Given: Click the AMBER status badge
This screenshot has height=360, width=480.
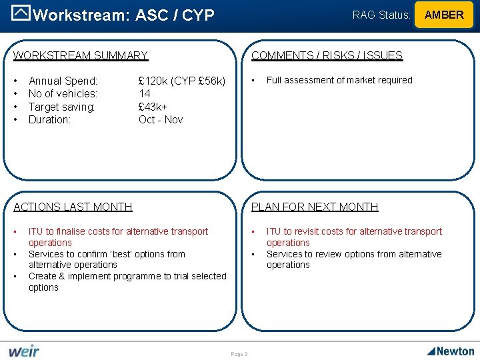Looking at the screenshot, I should (x=444, y=15).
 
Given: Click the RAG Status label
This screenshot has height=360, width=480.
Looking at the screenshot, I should (x=381, y=15).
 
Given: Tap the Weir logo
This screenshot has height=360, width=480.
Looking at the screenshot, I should (x=24, y=351).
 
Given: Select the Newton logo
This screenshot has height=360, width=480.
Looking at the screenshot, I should (x=451, y=351).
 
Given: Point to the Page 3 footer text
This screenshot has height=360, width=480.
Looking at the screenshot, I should (x=239, y=354).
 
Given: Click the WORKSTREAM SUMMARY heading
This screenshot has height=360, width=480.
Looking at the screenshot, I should (x=81, y=56).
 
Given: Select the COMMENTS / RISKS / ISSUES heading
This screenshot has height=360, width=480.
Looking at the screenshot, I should (x=327, y=56).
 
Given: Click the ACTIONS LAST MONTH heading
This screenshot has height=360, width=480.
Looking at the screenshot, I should (x=73, y=207).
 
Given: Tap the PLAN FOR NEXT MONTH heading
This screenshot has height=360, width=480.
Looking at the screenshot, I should (x=315, y=207).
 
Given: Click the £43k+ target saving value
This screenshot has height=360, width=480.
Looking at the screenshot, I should (x=153, y=107).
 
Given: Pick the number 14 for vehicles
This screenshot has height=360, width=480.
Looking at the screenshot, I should (x=145, y=94).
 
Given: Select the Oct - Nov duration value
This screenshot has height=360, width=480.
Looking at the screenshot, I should (x=161, y=120).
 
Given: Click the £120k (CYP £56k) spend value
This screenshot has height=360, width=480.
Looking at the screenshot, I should (x=182, y=81).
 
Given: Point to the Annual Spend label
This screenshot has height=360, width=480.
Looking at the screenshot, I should (x=63, y=81).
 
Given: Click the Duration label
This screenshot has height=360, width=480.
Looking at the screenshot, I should (x=49, y=120).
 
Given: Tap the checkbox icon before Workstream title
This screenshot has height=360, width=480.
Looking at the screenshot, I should (x=22, y=14).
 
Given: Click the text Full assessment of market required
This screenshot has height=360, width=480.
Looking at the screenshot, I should (x=339, y=80).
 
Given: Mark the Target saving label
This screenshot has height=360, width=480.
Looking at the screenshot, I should (x=62, y=107).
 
